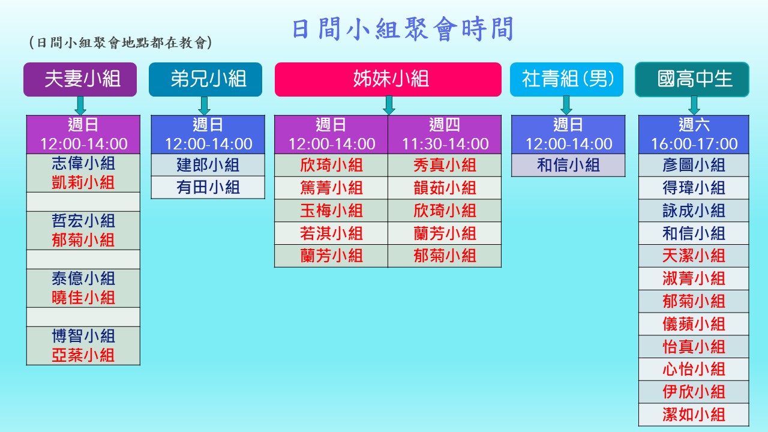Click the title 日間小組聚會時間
click(x=403, y=29)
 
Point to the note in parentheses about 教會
click(x=121, y=43)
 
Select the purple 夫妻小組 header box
click(x=80, y=79)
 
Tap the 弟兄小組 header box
click(x=205, y=79)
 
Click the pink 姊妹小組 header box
click(x=388, y=79)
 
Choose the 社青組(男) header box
click(x=567, y=79)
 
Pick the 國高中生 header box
click(x=692, y=79)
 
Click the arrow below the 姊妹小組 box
click(x=389, y=105)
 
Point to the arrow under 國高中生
click(x=694, y=105)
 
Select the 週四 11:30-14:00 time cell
click(x=445, y=134)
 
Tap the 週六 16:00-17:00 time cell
click(x=694, y=134)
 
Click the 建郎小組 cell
click(x=208, y=165)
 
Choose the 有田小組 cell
click(x=208, y=188)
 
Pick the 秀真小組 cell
click(x=445, y=165)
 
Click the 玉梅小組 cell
click(x=331, y=211)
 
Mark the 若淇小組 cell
click(x=331, y=233)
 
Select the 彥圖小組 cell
click(x=694, y=165)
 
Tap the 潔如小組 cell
click(x=694, y=415)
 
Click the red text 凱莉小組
click(x=83, y=183)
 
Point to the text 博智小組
click(x=83, y=336)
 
